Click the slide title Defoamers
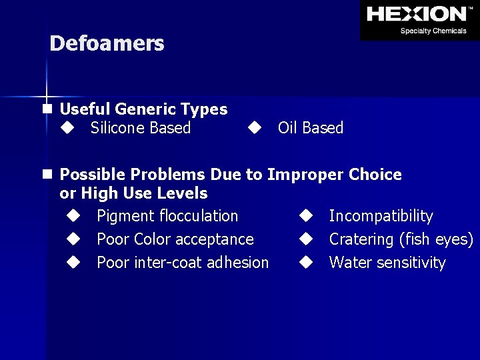click(x=107, y=44)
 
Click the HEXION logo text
click(x=417, y=14)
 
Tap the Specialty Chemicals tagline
click(x=433, y=31)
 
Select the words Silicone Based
click(x=141, y=128)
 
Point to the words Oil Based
click(x=311, y=128)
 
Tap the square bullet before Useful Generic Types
click(x=46, y=109)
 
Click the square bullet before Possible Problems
click(x=46, y=175)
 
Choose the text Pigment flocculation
click(x=167, y=216)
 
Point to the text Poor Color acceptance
click(x=175, y=239)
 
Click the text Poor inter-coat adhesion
click(x=183, y=263)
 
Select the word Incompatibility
click(x=381, y=216)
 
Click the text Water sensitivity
click(x=387, y=263)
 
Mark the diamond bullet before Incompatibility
click(x=305, y=216)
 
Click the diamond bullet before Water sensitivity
click(x=305, y=263)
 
